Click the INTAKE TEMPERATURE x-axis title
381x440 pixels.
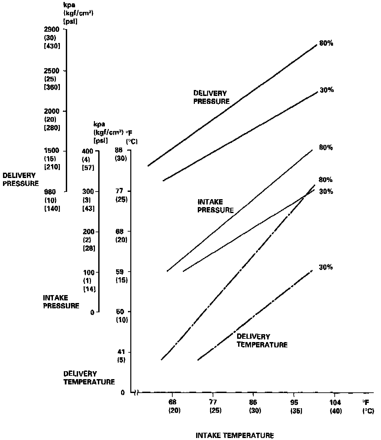point(235,435)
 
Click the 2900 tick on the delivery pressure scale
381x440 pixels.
point(52,29)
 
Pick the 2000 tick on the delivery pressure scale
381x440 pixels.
point(52,111)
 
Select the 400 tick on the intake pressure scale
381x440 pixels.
point(88,151)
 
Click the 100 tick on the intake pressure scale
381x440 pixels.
point(89,272)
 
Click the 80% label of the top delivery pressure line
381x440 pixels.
point(326,43)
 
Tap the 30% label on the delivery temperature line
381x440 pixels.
point(326,267)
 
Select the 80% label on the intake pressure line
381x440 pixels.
point(326,148)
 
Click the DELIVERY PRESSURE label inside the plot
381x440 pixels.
point(211,98)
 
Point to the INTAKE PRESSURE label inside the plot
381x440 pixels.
point(215,206)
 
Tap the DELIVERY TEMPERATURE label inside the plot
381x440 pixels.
point(262,341)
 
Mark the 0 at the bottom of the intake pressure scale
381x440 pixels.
point(92,312)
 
